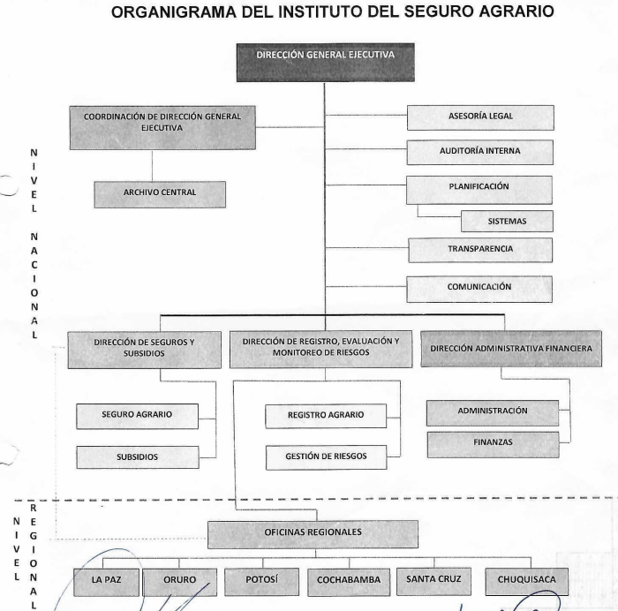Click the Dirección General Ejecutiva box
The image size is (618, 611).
coord(325,63)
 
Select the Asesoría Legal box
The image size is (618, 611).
coord(480,117)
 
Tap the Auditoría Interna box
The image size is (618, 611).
coord(480,152)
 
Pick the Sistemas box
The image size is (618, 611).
coord(507,221)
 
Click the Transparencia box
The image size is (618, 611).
coord(480,250)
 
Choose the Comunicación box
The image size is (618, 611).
coord(479,289)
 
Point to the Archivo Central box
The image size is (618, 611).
coord(160,194)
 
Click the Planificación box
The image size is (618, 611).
coord(479,190)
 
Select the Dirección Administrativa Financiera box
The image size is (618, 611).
coord(511,349)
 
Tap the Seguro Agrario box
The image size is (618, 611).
coord(137,416)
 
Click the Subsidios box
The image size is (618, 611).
coord(138,457)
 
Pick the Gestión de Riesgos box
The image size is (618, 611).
coord(327,457)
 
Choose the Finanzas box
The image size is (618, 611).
coord(493,445)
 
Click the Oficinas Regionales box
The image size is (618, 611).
coord(313,534)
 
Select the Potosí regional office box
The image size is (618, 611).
coord(261,582)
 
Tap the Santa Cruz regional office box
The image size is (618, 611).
coord(433,581)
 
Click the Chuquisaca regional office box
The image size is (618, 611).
coord(526,582)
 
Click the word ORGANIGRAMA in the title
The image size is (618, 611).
coord(174,11)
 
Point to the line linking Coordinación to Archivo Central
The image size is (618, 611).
coord(152,166)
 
